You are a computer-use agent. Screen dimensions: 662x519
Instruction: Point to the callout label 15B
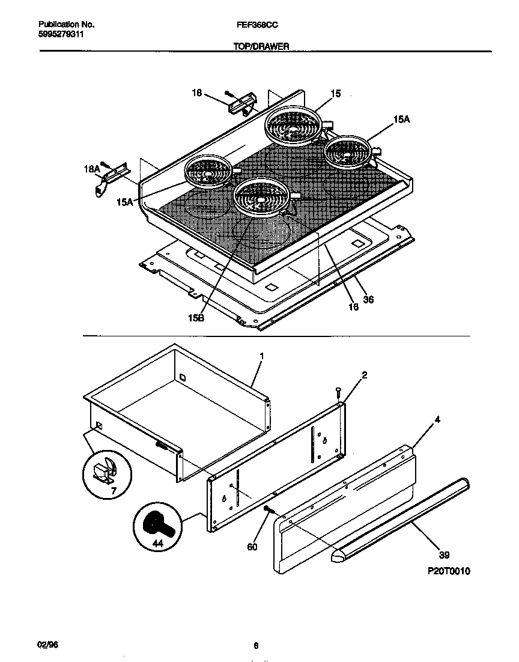pos(196,318)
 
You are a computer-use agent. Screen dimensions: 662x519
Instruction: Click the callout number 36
pos(368,300)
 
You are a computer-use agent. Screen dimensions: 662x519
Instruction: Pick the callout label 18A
pos(91,170)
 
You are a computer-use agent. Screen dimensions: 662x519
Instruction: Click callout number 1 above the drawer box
pos(261,356)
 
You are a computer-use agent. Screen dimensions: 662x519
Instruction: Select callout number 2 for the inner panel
pos(364,375)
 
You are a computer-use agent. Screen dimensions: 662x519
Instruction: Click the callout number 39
pos(444,555)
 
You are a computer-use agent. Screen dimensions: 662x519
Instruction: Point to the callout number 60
pos(252,547)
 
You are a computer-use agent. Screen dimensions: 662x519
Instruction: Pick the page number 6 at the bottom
pos(256,646)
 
